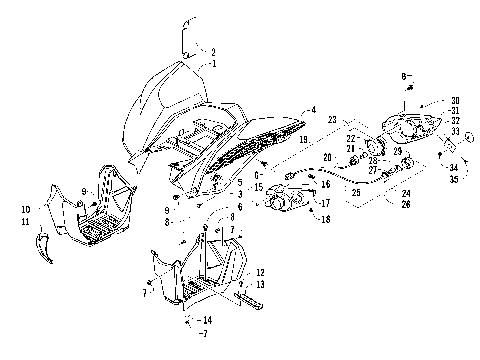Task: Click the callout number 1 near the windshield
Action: point(213,62)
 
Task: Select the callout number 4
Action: point(313,110)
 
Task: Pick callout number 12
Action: point(260,272)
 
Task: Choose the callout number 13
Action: point(260,284)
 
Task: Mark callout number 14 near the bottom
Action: point(207,319)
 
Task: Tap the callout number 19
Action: point(301,142)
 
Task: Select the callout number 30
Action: point(455,100)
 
